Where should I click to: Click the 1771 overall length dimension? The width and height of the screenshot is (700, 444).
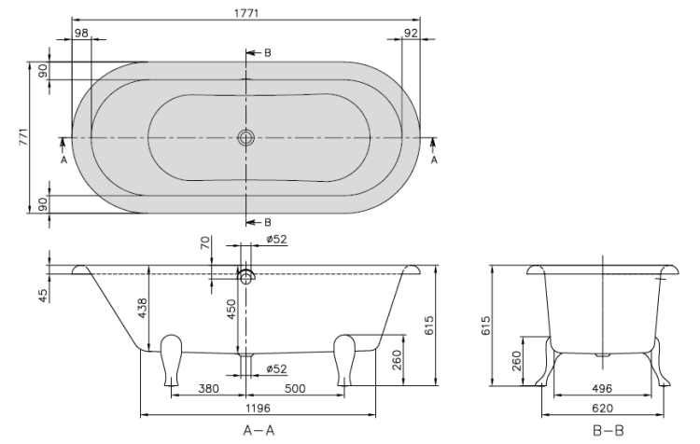point(246,13)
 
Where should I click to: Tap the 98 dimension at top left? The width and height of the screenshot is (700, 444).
point(81,33)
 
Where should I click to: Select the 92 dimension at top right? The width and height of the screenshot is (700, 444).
point(411,33)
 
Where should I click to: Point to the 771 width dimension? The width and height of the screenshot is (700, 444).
point(23,137)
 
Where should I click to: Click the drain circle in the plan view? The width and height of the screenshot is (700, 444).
point(246,137)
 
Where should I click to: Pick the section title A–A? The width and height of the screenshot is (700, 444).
point(259,430)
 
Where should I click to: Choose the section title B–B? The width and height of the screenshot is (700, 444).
point(608,430)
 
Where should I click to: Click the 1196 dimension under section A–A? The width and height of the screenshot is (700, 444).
point(258,408)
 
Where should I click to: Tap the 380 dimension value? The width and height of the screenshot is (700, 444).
point(208,389)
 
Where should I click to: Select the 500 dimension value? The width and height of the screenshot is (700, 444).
point(295,389)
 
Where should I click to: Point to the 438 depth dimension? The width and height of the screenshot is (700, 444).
point(142,309)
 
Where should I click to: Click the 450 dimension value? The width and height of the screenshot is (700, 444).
point(231,310)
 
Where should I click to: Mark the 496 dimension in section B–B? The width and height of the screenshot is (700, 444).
point(602,389)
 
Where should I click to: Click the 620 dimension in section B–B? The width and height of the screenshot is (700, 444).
point(602,408)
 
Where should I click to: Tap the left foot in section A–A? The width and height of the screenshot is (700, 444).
point(171,360)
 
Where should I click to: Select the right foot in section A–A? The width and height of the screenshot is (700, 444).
point(344,360)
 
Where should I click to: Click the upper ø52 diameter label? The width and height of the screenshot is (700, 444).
point(277,239)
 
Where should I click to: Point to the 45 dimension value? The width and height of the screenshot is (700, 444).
point(43,296)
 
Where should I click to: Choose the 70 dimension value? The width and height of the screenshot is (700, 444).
point(205,243)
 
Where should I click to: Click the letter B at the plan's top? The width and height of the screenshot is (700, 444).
point(268,52)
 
